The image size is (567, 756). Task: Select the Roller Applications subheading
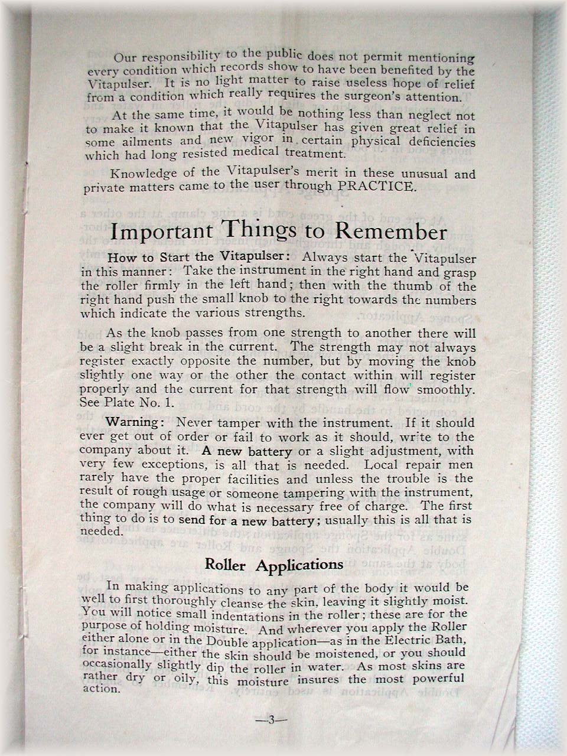(x=273, y=564)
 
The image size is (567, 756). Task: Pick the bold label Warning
(x=132, y=423)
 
